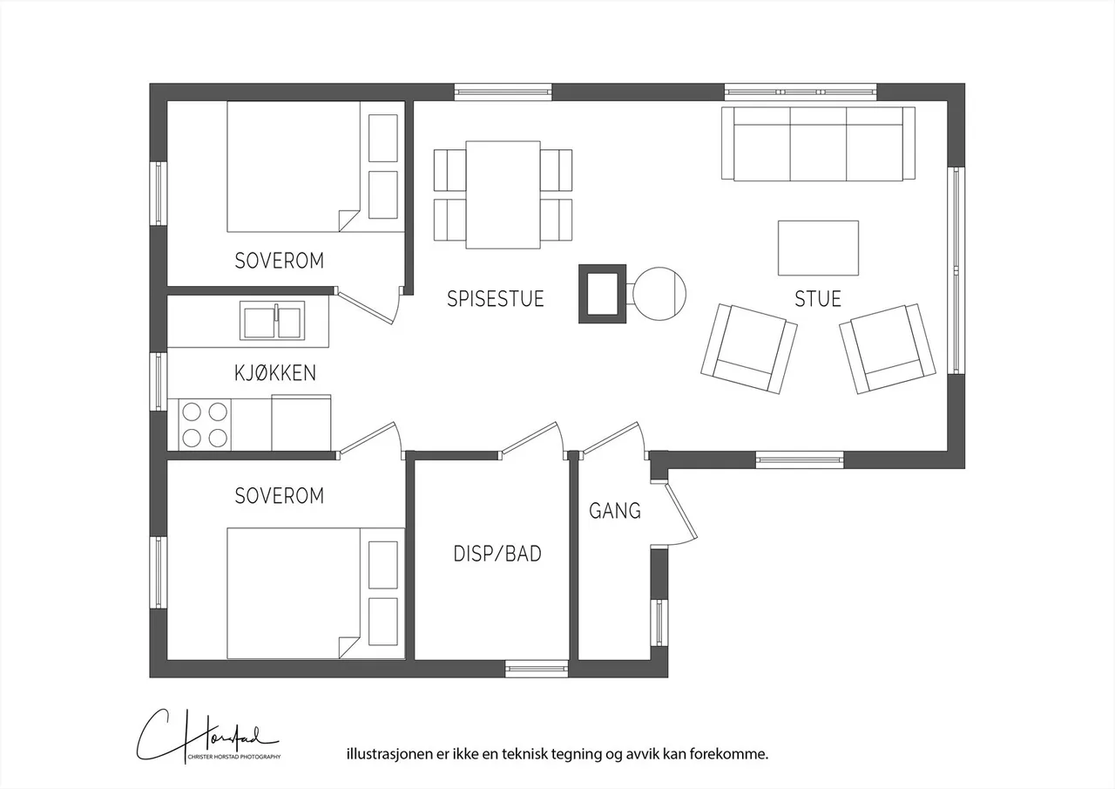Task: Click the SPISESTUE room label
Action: point(495,299)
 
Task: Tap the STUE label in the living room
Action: point(817,299)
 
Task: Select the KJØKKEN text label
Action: point(274,373)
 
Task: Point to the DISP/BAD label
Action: point(497,553)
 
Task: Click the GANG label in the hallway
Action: point(615,511)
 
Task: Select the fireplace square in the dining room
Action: point(602,294)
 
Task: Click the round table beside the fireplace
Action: point(659,293)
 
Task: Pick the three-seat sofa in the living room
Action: point(818,143)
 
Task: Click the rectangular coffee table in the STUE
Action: point(818,248)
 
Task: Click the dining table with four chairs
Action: point(503,194)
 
